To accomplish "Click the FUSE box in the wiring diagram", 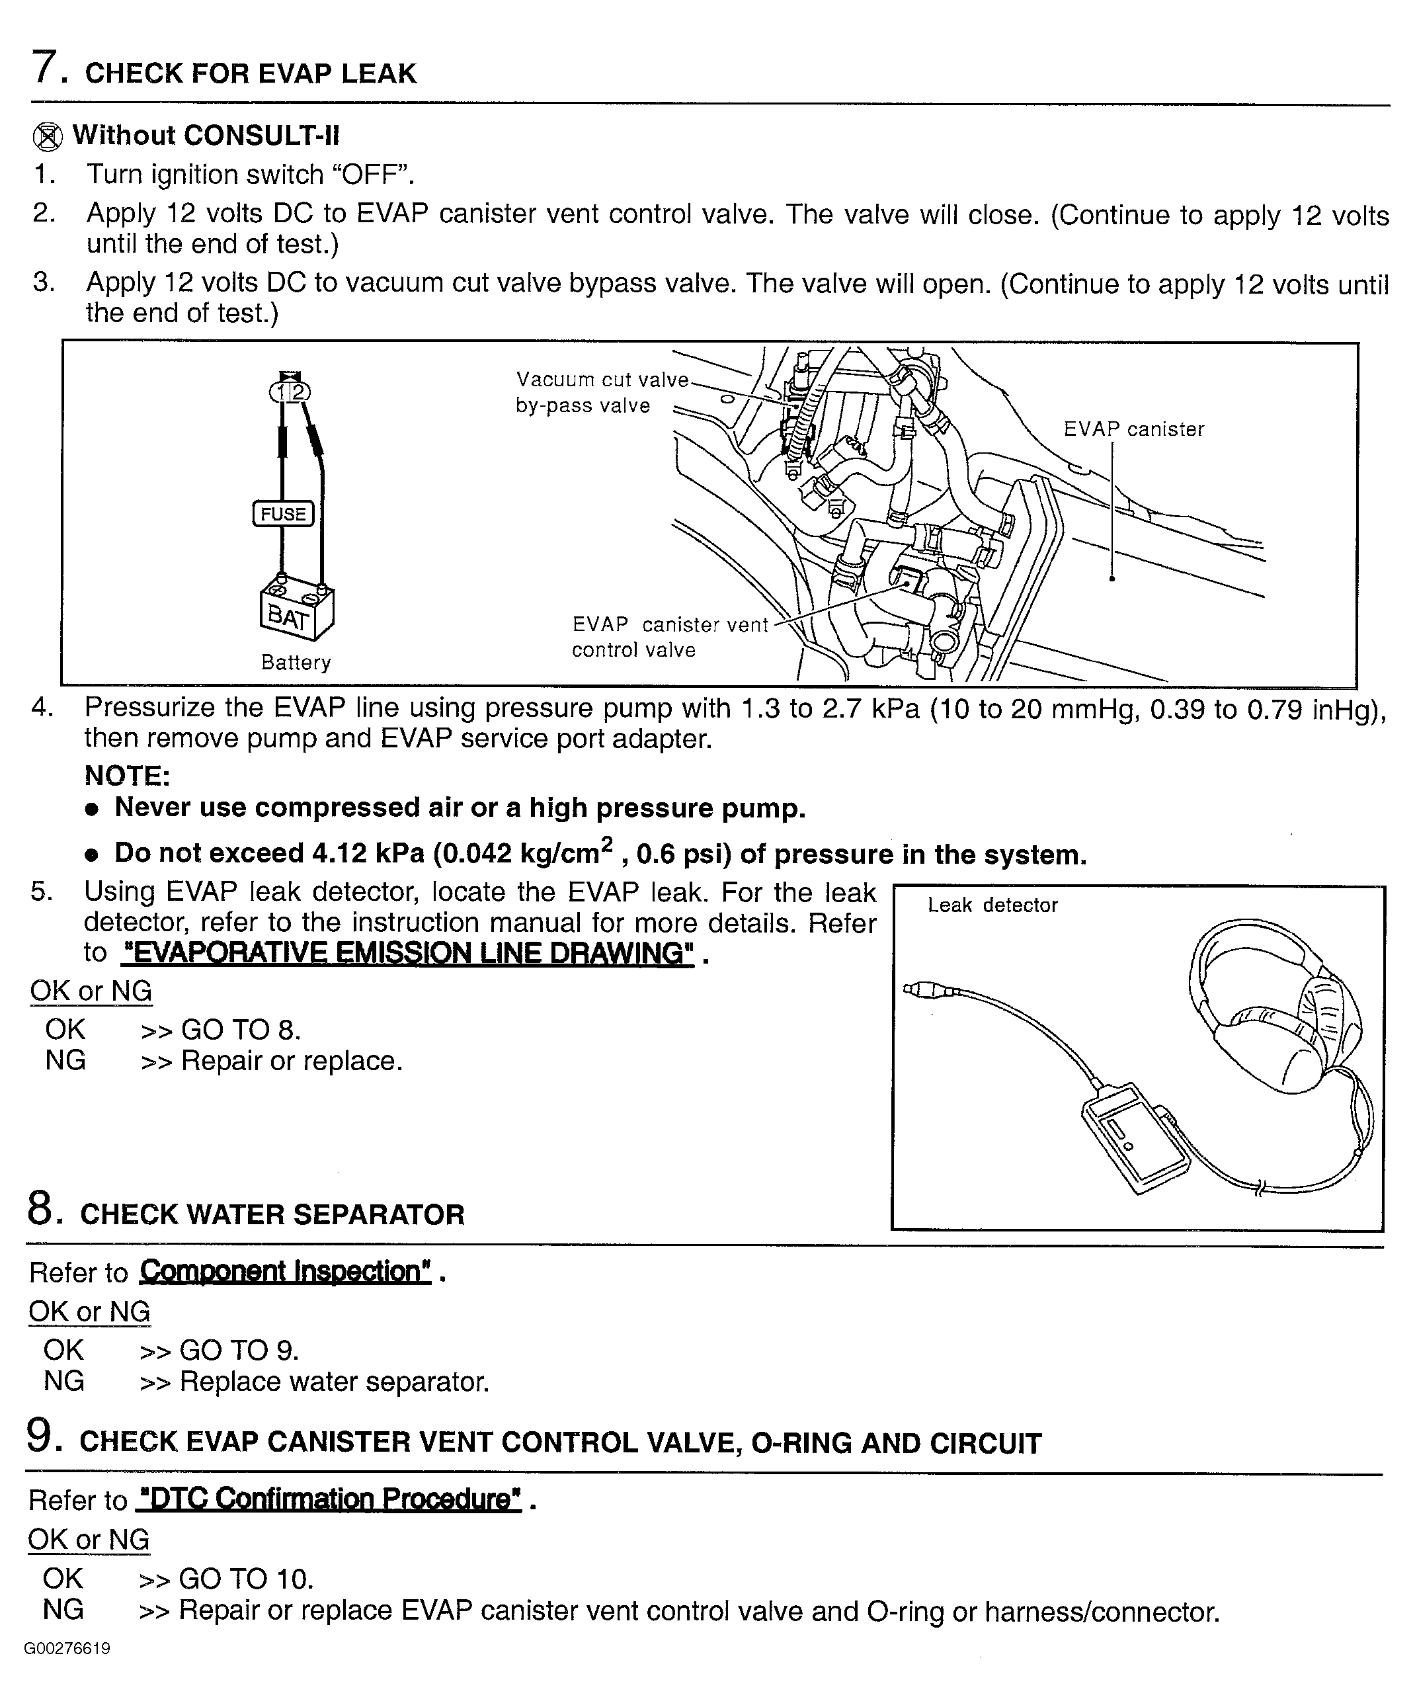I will tap(283, 514).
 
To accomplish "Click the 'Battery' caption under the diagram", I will tap(296, 663).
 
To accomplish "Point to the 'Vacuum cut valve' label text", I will tap(602, 380).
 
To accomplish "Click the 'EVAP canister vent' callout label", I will tap(670, 624).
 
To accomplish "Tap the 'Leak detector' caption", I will tap(992, 905).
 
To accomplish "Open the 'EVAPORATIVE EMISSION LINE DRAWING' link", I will tap(407, 952).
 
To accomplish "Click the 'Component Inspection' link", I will tap(285, 1271).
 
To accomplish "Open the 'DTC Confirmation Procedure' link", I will tap(329, 1499).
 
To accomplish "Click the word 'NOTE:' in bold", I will tap(127, 776).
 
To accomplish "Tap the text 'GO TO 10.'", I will tap(245, 1579).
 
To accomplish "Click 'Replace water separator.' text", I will tap(334, 1381).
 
